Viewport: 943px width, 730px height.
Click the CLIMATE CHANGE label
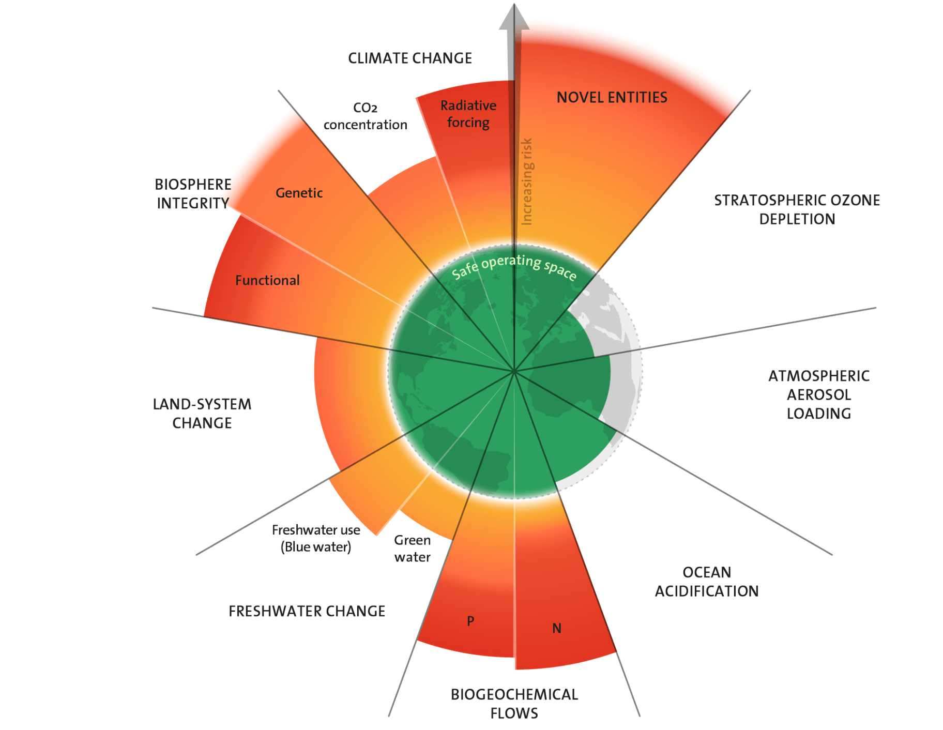(409, 58)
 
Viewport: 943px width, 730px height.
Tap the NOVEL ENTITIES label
(612, 97)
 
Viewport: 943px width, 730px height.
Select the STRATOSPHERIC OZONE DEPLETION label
(797, 209)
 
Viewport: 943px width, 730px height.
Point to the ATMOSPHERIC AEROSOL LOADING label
(818, 394)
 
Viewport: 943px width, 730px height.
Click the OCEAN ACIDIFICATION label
(706, 582)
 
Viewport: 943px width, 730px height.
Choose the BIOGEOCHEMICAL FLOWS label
(514, 704)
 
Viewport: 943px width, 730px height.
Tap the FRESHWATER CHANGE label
(307, 611)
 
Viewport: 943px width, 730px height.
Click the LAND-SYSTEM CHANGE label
(202, 414)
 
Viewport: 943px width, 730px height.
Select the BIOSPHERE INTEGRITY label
(193, 194)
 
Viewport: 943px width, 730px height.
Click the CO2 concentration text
(365, 116)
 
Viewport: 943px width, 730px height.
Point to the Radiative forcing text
(468, 114)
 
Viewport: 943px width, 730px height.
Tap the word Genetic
(299, 193)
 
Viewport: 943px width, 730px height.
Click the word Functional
(267, 280)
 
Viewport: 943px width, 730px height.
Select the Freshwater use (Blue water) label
(316, 538)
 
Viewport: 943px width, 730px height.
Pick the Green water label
(412, 549)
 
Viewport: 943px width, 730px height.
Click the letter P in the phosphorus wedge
(470, 620)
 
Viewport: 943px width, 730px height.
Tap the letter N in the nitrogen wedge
(556, 628)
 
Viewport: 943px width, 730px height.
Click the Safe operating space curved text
(513, 266)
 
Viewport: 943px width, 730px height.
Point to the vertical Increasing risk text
(526, 181)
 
